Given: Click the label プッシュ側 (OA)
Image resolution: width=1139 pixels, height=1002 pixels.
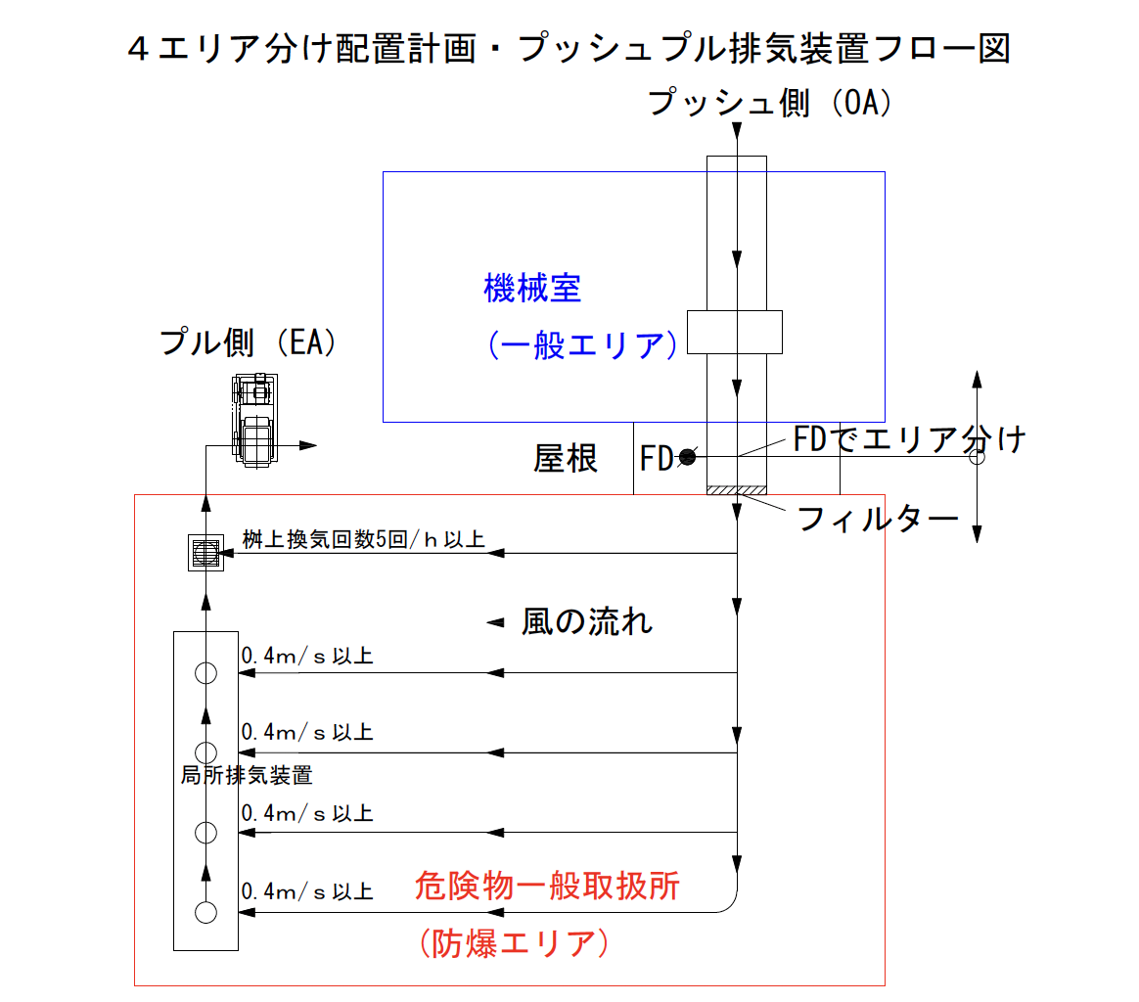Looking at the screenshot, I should (x=772, y=103).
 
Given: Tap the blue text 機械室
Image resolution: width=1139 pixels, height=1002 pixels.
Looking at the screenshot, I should (x=532, y=289).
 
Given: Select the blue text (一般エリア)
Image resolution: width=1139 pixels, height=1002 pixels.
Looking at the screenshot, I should (x=582, y=345).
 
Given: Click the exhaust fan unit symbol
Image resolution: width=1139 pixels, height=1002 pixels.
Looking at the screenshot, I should (x=253, y=422).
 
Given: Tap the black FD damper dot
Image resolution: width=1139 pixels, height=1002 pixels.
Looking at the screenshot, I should (x=688, y=457).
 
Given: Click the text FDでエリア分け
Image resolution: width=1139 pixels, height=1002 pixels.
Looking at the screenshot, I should (x=909, y=440).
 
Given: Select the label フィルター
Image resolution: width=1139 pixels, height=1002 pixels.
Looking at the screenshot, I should (x=878, y=519).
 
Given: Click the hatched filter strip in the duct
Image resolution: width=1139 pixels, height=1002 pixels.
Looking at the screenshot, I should (x=736, y=490).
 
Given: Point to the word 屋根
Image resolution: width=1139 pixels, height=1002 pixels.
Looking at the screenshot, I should (x=566, y=458).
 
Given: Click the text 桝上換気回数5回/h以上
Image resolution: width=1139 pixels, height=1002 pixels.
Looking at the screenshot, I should (x=364, y=540).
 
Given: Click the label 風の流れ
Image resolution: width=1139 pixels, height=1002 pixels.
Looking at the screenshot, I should (x=587, y=622).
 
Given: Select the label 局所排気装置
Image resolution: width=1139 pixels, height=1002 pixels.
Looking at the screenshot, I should (x=247, y=776).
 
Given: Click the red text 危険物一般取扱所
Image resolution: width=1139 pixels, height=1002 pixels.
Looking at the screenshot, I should (x=547, y=887).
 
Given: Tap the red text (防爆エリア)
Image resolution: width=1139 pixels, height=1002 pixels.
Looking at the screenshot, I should (x=514, y=943).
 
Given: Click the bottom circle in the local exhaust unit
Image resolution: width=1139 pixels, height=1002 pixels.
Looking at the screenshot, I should (x=205, y=913).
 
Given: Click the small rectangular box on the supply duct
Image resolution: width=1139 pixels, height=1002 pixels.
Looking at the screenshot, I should (x=734, y=332).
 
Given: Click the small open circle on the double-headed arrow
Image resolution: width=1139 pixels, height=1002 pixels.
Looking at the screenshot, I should (x=977, y=457).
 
